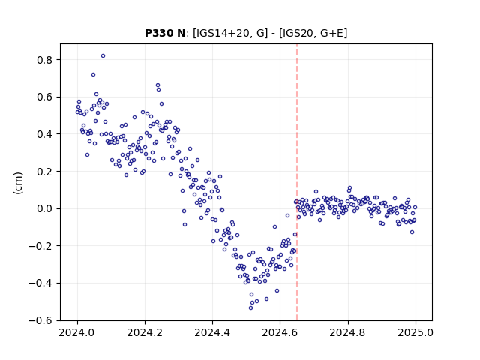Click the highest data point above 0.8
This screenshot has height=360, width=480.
pyautogui.click(x=103, y=55)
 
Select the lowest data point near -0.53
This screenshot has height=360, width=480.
pyautogui.click(x=250, y=307)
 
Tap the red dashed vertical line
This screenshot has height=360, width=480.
pyautogui.click(x=297, y=182)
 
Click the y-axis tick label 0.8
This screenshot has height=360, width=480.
pyautogui.click(x=45, y=60)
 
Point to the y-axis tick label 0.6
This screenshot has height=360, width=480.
pyautogui.click(x=45, y=97)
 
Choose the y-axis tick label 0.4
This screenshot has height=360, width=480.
pyautogui.click(x=45, y=134)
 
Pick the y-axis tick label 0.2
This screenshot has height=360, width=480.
pyautogui.click(x=45, y=172)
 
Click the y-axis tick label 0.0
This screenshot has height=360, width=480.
pyautogui.click(x=45, y=209)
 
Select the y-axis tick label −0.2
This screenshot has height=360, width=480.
pyautogui.click(x=40, y=246)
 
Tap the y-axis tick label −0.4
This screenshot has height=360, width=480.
pyautogui.click(x=40, y=283)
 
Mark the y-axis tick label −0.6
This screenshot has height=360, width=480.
pyautogui.click(x=40, y=321)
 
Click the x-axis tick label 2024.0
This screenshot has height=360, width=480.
pyautogui.click(x=76, y=332)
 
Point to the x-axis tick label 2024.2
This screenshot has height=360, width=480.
pyautogui.click(x=145, y=332)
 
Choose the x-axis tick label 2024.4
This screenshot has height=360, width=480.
pyautogui.click(x=212, y=332)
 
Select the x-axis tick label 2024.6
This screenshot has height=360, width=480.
pyautogui.click(x=280, y=332)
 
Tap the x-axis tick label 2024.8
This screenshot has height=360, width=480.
pyautogui.click(x=347, y=332)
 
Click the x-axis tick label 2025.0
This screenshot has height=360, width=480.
pyautogui.click(x=415, y=332)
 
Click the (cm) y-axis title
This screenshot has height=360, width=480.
pyautogui.click(x=18, y=183)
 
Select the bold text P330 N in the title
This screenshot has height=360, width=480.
pyautogui.click(x=165, y=33)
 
